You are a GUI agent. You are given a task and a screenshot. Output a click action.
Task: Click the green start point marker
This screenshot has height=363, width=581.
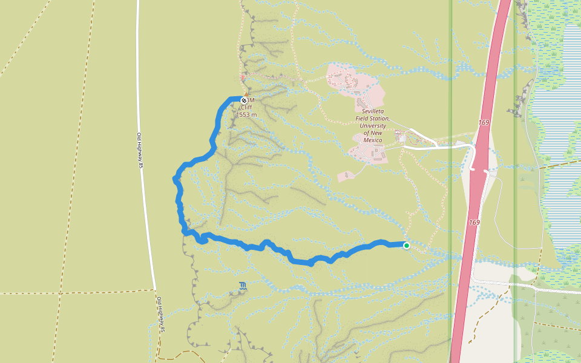pos(407,245)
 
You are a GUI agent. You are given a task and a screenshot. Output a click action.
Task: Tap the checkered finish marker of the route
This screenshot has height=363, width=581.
pos(244,100)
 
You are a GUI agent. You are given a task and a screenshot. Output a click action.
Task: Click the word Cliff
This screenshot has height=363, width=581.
pos(246,108)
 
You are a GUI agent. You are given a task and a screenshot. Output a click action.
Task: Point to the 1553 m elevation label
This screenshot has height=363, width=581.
pos(246,114)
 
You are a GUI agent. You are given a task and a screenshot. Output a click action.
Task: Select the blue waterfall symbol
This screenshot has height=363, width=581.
pos(242,286)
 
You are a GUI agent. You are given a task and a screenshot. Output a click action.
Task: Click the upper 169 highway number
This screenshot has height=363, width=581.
pos(484,123)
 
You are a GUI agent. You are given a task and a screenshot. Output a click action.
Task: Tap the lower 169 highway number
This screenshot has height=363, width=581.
pos(474,223)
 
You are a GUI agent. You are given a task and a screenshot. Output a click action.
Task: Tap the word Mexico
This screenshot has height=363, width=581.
pos(373,140)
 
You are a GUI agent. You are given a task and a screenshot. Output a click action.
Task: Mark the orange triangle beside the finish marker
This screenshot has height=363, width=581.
pos(243,77)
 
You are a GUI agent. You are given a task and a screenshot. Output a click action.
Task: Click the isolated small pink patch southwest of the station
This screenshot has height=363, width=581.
pos(345,176)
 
